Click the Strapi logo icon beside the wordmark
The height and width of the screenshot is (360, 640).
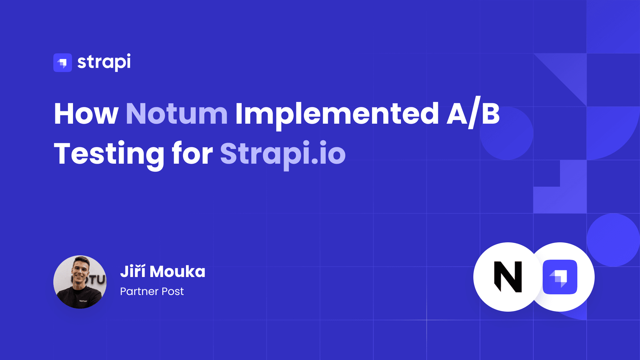click(x=63, y=63)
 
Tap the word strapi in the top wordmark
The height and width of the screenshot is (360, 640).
click(x=104, y=62)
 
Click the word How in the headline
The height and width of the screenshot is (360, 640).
click(x=86, y=114)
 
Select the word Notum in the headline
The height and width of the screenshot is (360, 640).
click(x=177, y=114)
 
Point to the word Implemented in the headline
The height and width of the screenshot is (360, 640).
click(x=337, y=115)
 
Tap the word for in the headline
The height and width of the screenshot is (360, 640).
click(x=192, y=153)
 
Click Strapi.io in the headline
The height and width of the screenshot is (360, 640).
click(x=283, y=154)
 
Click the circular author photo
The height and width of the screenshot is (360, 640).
click(x=80, y=282)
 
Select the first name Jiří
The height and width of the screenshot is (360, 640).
click(x=133, y=271)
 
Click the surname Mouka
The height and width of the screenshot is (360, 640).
click(x=177, y=272)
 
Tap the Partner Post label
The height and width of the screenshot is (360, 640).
click(x=152, y=292)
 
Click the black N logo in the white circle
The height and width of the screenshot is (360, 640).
click(x=508, y=277)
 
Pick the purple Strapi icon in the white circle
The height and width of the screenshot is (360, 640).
click(x=560, y=277)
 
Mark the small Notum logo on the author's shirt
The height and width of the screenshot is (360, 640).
click(x=83, y=301)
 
